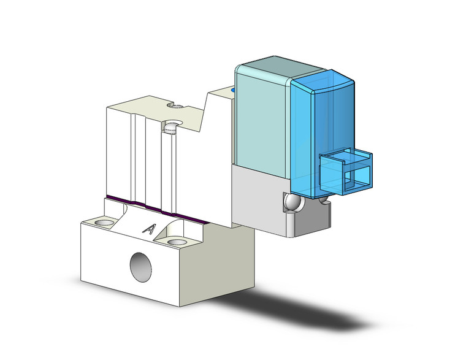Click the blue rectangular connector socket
(347, 172)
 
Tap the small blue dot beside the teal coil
(233, 90)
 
